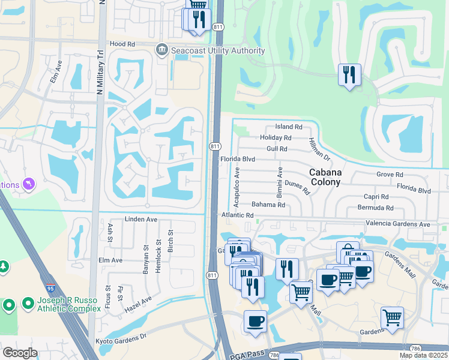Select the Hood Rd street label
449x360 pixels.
[122, 44]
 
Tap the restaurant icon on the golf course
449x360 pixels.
[349, 76]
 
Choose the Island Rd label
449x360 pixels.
[288, 127]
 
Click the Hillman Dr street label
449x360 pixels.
[319, 149]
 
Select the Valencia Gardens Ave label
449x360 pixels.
[398, 224]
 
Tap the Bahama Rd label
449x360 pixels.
[268, 205]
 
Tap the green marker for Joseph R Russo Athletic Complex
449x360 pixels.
[8, 305]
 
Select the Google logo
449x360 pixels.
[20, 353]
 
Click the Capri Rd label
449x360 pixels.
[376, 197]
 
